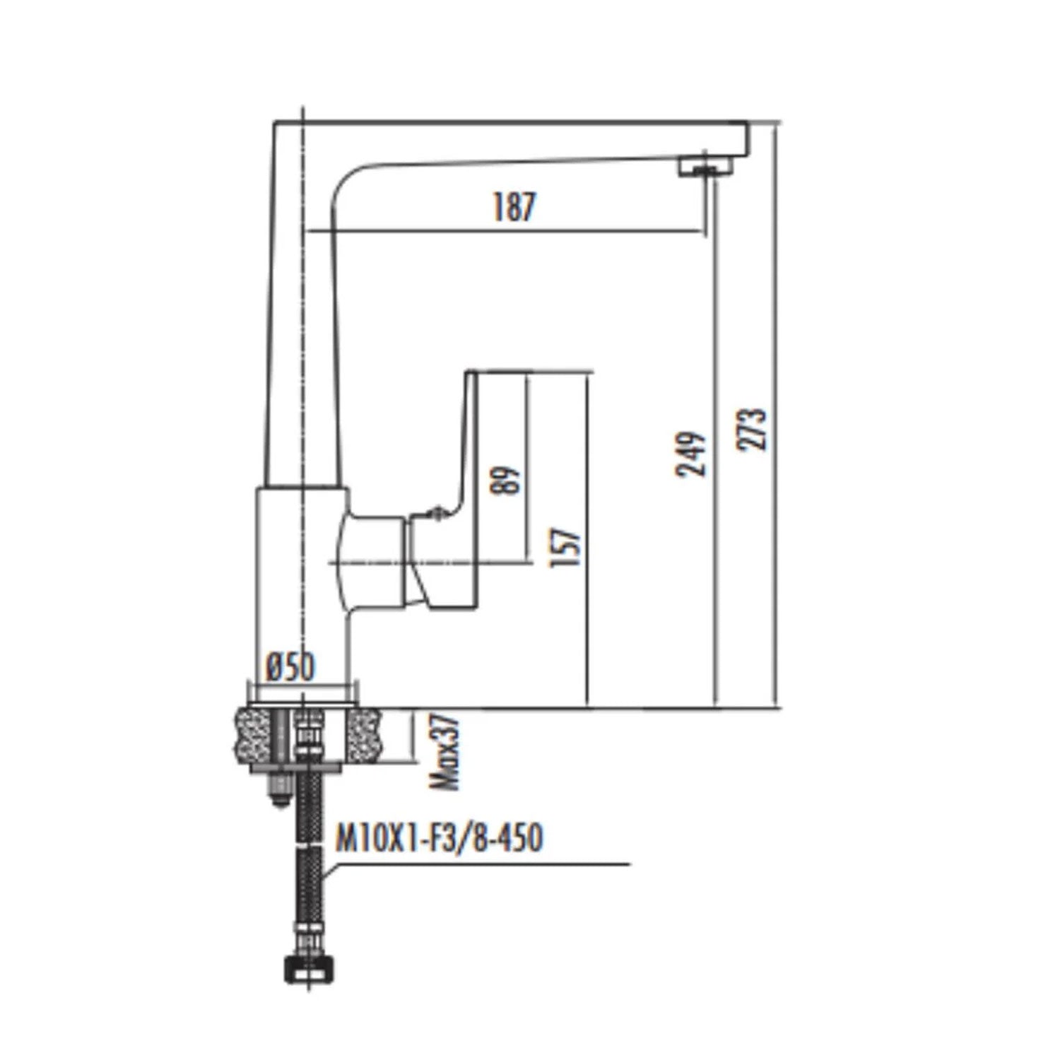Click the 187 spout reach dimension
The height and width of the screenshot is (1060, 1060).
514,207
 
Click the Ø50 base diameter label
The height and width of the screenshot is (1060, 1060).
291,666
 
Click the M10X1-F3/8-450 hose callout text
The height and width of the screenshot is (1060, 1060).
438,839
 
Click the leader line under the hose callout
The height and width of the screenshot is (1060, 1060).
481,864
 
